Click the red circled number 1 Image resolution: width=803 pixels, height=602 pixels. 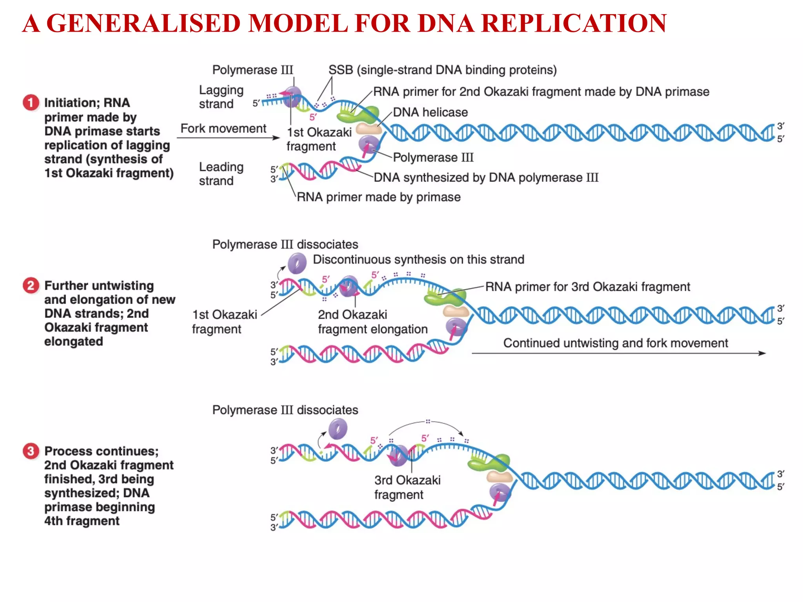coord(31,103)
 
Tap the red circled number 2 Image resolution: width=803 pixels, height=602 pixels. coord(31,285)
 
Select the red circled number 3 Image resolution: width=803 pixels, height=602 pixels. coord(31,451)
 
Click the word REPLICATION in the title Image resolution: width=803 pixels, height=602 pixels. coord(573,24)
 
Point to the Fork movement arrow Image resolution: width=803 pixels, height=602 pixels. coord(228,138)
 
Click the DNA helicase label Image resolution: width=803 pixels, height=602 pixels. coord(430,112)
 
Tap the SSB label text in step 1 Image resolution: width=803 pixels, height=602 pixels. coord(442,70)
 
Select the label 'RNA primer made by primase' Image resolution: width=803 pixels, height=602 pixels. coord(378,197)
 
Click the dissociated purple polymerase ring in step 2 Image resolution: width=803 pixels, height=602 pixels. coord(297,263)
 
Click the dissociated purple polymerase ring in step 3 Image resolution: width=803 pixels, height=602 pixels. coord(338,429)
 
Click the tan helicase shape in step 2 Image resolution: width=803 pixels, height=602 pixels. coord(456,312)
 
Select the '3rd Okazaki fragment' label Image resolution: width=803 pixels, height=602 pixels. coord(407,487)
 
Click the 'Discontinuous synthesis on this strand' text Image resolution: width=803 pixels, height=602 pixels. coord(418,259)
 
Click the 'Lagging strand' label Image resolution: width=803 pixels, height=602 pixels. coord(221,97)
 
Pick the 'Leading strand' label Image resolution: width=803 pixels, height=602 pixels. coord(221,174)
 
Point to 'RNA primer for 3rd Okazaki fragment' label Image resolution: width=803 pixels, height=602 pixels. coord(587,287)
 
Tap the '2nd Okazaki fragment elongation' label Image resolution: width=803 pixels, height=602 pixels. coord(372,322)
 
